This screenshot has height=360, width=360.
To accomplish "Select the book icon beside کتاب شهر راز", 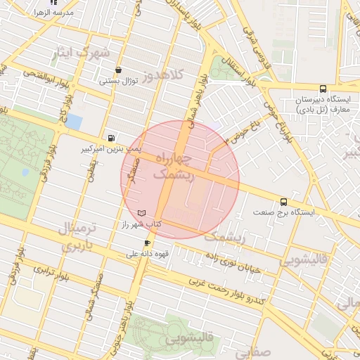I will (x=143, y=212).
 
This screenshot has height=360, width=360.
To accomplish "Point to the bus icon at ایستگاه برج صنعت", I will (x=283, y=201).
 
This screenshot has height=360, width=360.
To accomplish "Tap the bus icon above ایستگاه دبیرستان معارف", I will (x=323, y=89).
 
